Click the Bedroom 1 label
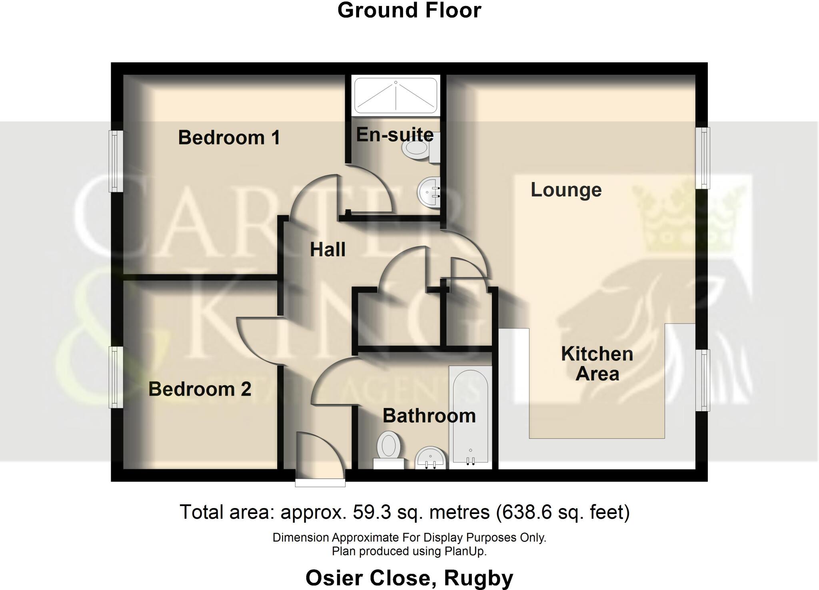point(229,138)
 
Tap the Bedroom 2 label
point(200,389)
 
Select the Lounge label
point(566,190)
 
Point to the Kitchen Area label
point(597,364)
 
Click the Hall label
point(328,250)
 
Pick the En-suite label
point(395,135)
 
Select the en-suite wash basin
point(428,192)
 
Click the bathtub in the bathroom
point(470,416)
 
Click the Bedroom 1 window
point(116,161)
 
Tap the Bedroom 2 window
point(116,377)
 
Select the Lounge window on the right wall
point(703,158)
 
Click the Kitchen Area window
point(703,380)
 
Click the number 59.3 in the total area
point(372,512)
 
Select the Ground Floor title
point(409,10)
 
